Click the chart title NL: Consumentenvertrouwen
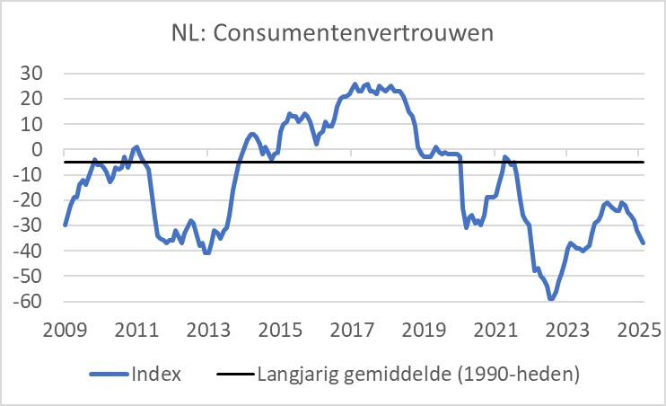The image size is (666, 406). tap(334, 33)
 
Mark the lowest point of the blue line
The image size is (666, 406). tap(551, 299)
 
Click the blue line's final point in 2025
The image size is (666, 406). tap(643, 243)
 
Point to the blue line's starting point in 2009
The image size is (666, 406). tap(65, 225)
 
